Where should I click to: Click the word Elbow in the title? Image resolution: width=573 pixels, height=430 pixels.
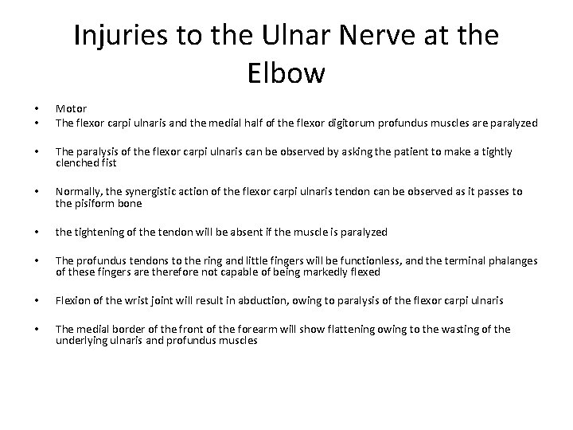pyautogui.click(x=286, y=73)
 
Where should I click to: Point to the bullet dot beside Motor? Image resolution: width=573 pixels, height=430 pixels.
pyautogui.click(x=37, y=109)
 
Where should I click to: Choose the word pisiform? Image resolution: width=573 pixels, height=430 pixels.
pyautogui.click(x=94, y=204)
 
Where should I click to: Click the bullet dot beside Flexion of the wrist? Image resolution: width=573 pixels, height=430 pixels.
pyautogui.click(x=37, y=301)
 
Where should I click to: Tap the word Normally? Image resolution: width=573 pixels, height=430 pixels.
pyautogui.click(x=79, y=193)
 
